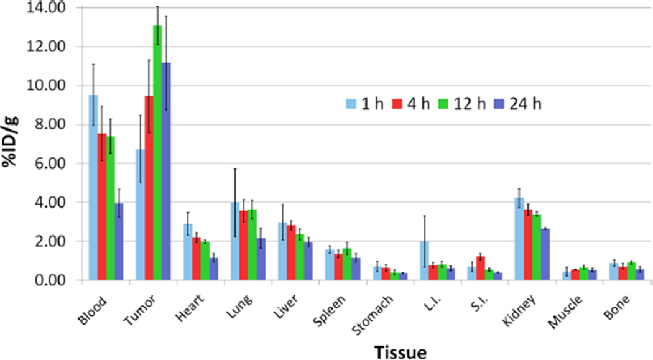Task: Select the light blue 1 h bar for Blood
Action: tap(93, 187)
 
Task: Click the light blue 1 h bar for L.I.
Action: tap(425, 261)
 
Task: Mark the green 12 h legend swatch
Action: tap(445, 103)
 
